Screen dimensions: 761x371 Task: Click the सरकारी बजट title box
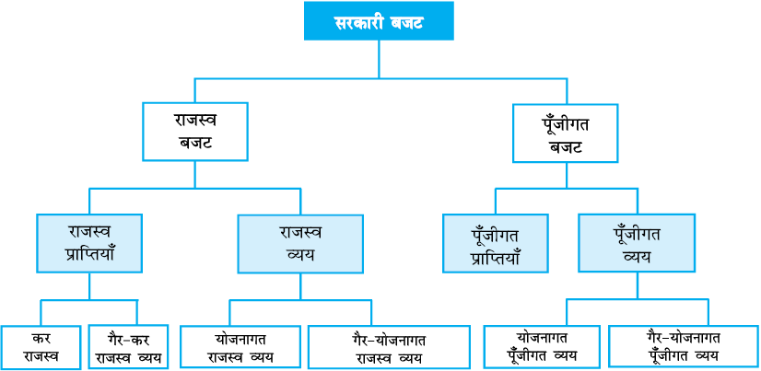tap(379, 21)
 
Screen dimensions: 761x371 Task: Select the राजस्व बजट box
tap(195, 132)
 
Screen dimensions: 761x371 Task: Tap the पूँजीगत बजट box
tap(566, 133)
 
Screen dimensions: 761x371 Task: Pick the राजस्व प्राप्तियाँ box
tap(89, 243)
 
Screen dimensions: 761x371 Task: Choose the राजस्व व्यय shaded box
tap(300, 244)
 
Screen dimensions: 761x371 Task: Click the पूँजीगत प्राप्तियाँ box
tap(495, 243)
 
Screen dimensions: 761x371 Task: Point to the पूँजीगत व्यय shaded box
tap(637, 243)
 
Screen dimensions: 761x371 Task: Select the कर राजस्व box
tap(41, 348)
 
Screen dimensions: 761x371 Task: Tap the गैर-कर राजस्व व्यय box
tap(129, 348)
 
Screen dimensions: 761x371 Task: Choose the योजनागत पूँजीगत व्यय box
tap(543, 346)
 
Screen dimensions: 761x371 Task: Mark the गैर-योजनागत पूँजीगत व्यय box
tap(685, 346)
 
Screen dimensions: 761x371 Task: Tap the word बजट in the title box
tap(406, 22)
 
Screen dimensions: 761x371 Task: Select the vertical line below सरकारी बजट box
tap(379, 59)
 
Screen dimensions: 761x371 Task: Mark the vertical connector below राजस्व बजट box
tap(195, 175)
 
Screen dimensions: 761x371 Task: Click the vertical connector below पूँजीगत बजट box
tap(566, 176)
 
